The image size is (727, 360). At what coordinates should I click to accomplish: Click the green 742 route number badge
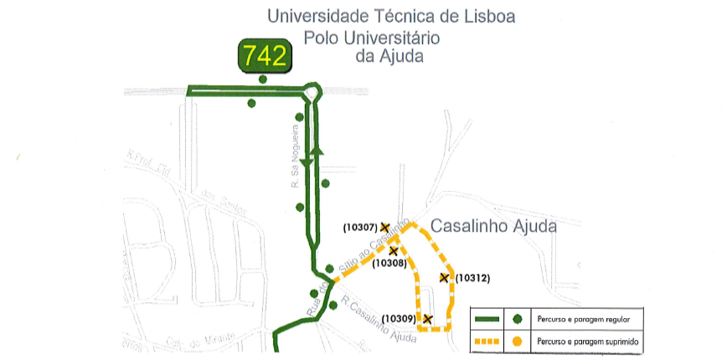[264, 55]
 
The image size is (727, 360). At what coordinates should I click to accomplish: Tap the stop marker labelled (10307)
[384, 227]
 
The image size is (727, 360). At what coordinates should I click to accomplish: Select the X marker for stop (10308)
[393, 250]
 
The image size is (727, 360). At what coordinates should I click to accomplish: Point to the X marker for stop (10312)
[444, 277]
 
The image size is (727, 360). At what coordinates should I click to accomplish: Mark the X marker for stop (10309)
[427, 319]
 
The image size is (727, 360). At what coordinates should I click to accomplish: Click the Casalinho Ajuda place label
[493, 226]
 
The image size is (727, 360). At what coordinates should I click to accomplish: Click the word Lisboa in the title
[487, 15]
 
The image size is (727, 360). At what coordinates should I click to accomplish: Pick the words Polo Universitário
[372, 37]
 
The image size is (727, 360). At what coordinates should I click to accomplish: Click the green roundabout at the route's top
[313, 90]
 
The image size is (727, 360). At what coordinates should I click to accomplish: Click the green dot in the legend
[518, 319]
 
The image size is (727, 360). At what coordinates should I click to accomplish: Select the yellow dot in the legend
[518, 342]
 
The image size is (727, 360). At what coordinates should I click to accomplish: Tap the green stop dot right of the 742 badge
[263, 80]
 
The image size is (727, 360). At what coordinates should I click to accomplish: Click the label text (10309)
[399, 319]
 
